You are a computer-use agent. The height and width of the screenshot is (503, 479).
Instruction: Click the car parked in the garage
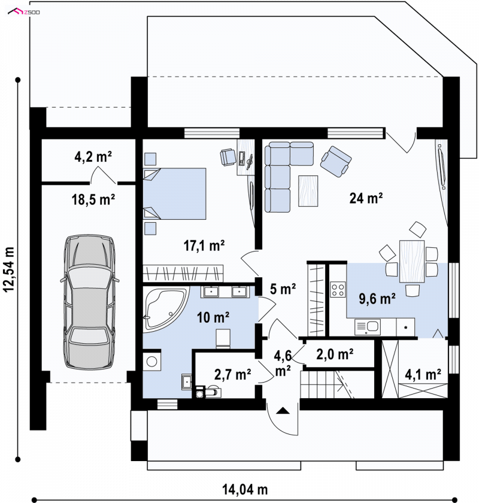[89, 302]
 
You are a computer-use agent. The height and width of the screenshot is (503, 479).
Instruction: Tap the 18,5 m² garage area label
[93, 199]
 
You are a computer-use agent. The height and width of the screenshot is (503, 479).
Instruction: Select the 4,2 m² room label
[93, 157]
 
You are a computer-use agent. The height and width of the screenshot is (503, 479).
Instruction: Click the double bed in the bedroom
[174, 194]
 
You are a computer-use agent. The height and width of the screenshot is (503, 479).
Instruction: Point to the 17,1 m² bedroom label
[204, 246]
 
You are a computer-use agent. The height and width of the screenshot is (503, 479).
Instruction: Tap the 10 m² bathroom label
[213, 317]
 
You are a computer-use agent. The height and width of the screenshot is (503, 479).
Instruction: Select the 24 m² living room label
[366, 198]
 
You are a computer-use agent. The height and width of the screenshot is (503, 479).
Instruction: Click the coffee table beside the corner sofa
[308, 191]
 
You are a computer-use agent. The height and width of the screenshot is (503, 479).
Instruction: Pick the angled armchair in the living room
[335, 161]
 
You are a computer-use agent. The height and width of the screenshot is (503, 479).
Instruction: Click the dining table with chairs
[412, 262]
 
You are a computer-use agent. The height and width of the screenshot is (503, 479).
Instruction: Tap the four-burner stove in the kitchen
[338, 289]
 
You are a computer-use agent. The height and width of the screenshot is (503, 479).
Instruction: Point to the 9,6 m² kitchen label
[377, 299]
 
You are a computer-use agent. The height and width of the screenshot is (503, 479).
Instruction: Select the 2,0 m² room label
[335, 354]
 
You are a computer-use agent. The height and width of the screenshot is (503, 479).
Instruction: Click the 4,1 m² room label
[423, 374]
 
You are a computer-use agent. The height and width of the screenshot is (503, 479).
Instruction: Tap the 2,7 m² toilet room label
[232, 374]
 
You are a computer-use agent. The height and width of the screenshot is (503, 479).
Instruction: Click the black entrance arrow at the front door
[283, 410]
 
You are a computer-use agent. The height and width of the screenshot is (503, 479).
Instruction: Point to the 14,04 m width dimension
[245, 490]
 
